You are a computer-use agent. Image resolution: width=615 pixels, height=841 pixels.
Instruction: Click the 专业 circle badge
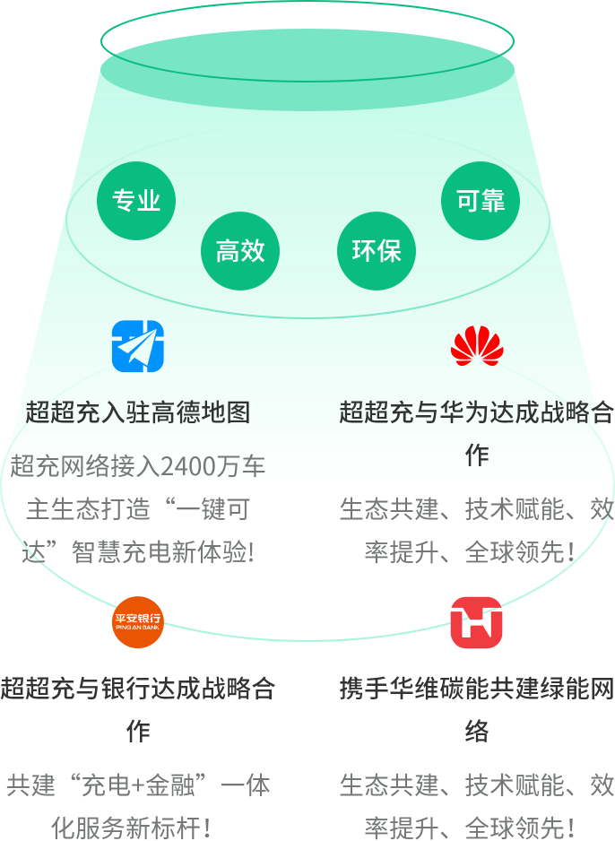click(x=136, y=201)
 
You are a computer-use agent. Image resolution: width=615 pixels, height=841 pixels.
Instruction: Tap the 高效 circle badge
click(x=240, y=251)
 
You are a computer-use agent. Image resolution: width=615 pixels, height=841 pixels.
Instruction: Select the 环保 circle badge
click(x=377, y=251)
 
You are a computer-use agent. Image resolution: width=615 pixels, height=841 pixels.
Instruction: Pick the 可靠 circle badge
click(x=481, y=201)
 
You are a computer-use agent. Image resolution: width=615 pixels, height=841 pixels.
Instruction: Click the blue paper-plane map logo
click(x=137, y=346)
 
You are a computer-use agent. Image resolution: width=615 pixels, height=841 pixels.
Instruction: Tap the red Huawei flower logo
click(x=477, y=346)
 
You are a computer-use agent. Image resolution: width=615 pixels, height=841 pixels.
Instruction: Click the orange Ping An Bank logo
click(x=137, y=621)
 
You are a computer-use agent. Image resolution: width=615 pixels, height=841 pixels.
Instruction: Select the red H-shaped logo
click(x=476, y=622)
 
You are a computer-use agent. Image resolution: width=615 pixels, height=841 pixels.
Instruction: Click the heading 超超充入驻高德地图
click(x=137, y=412)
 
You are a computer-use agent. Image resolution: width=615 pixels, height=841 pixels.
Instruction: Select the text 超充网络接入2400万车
click(x=137, y=466)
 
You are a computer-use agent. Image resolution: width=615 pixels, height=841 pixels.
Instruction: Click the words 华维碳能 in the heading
click(x=451, y=689)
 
